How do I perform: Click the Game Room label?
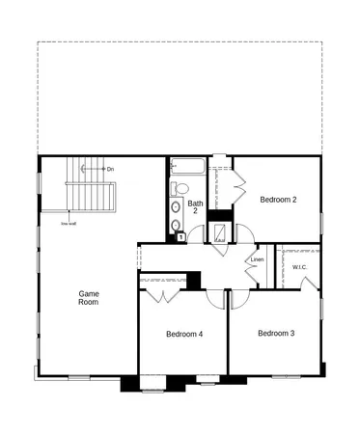point(89,298)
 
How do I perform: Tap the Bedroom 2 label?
point(278,200)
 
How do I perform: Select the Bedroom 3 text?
point(276,333)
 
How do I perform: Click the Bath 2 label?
point(196,207)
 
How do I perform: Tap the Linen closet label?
point(257,259)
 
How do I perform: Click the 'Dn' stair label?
point(110,169)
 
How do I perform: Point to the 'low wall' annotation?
point(68,223)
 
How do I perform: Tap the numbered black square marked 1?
point(179,236)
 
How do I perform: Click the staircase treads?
point(92,198)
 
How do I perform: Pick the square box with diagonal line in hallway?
point(219,232)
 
